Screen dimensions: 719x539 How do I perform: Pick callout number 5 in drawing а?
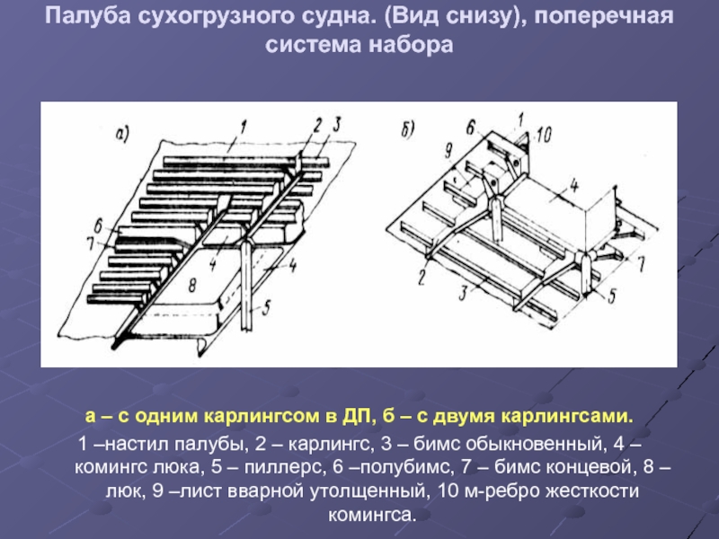pos(267,306)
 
